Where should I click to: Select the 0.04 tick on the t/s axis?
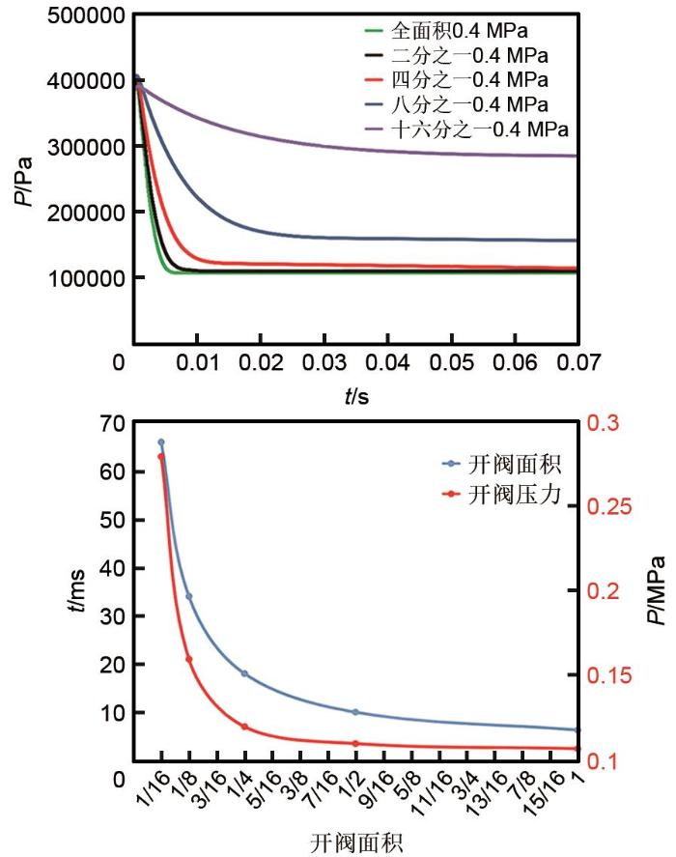(x=387, y=363)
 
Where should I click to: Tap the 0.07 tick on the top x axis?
(x=577, y=363)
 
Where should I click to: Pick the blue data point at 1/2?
(x=356, y=712)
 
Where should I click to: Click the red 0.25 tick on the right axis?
(x=608, y=507)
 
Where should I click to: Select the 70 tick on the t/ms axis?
(x=113, y=423)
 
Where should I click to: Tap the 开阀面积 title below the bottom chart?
(x=353, y=843)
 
